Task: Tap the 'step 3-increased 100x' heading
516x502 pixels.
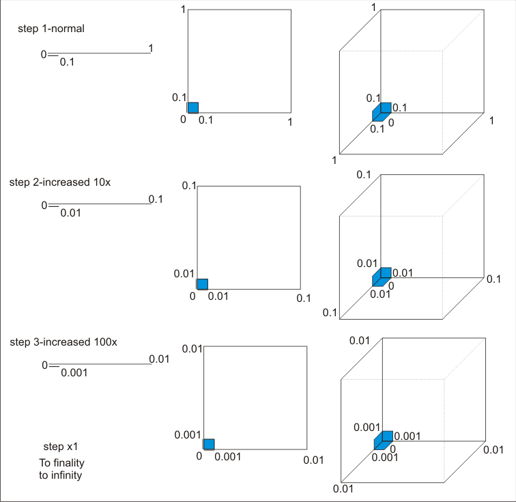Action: pyautogui.click(x=63, y=341)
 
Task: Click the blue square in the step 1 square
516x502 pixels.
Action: pyautogui.click(x=193, y=107)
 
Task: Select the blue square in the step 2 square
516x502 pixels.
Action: pyautogui.click(x=202, y=284)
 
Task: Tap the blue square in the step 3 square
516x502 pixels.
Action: pyautogui.click(x=209, y=444)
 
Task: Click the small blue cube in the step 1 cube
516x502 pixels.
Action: pyautogui.click(x=382, y=112)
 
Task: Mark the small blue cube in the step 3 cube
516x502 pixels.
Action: pyautogui.click(x=382, y=439)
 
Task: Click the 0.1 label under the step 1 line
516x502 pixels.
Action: pyautogui.click(x=68, y=61)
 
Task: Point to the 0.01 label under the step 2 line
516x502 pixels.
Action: pyautogui.click(x=70, y=213)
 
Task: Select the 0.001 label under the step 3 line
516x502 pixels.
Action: pyautogui.click(x=74, y=373)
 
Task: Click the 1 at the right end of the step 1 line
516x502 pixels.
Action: pyautogui.click(x=151, y=48)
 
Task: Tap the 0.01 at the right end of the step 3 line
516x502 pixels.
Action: pyautogui.click(x=159, y=359)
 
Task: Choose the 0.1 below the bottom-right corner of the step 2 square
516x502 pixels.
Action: pyautogui.click(x=304, y=298)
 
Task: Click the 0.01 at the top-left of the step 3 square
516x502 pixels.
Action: pyautogui.click(x=192, y=349)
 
